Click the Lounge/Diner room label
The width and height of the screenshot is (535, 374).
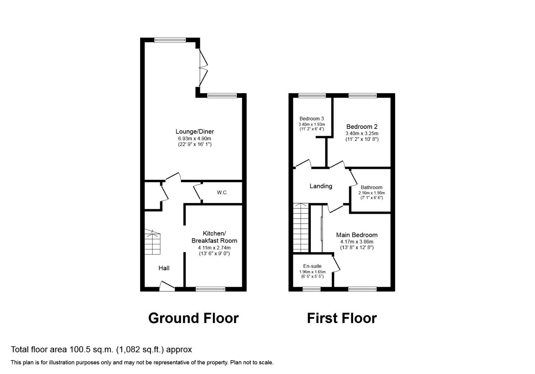(195, 132)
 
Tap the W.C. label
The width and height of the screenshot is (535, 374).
(222, 193)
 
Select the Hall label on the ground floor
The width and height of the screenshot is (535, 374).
(164, 268)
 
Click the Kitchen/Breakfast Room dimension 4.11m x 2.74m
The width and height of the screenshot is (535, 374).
(214, 248)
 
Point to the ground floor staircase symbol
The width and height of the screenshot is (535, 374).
(153, 242)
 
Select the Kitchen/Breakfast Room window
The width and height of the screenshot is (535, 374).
(210, 289)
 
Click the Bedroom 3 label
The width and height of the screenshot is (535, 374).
(312, 119)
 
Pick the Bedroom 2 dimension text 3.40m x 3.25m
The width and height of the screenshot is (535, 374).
(362, 133)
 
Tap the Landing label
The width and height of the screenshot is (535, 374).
(321, 186)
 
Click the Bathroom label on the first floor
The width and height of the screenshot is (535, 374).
(371, 187)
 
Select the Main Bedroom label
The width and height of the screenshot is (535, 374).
(357, 235)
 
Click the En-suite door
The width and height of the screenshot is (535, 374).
(336, 264)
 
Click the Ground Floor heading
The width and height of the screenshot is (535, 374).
(193, 318)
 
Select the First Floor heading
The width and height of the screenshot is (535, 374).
(342, 318)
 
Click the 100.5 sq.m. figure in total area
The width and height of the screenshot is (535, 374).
(92, 349)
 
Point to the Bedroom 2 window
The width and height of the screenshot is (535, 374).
(362, 96)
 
